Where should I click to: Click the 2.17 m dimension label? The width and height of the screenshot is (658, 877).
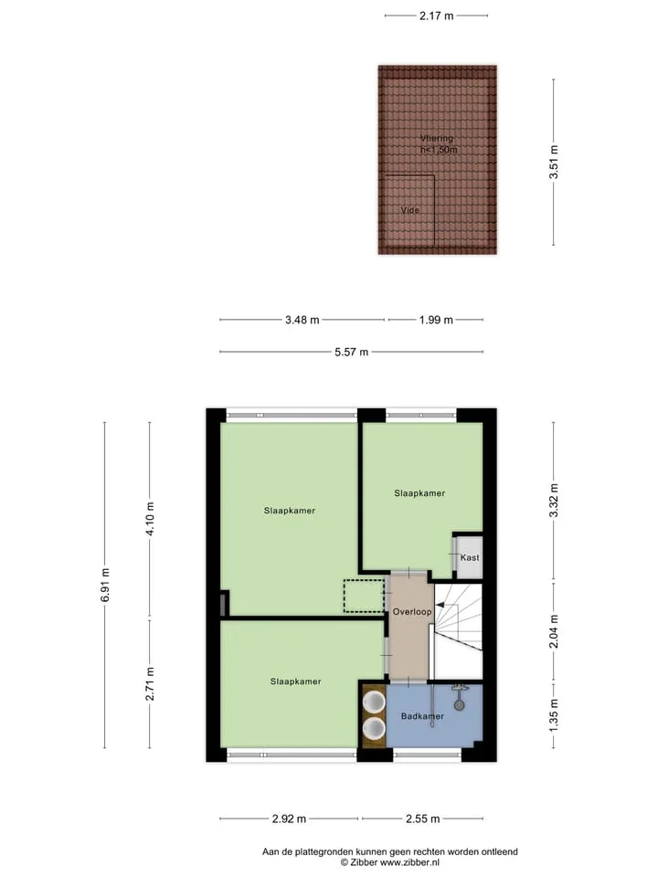[x=437, y=16]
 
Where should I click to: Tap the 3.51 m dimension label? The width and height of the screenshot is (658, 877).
[x=554, y=163]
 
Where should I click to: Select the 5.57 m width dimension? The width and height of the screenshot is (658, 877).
[x=351, y=352]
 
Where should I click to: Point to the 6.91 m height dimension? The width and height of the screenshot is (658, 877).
[x=104, y=585]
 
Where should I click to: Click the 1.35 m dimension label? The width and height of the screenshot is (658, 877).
[x=554, y=715]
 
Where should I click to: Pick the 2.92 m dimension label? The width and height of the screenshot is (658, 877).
[x=289, y=819]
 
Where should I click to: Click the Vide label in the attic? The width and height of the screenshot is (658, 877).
[x=409, y=210]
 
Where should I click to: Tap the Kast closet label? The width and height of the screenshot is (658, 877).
[x=470, y=557]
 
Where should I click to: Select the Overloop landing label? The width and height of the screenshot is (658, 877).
[x=412, y=612]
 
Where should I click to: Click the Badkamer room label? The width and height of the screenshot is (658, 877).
[x=422, y=716]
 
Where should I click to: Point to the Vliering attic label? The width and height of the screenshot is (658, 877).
[x=437, y=138]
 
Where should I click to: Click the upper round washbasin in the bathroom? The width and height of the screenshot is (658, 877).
[x=373, y=702]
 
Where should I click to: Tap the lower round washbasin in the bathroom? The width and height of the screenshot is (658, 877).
[x=373, y=728]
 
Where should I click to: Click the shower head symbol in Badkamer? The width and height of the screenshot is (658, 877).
[x=460, y=705]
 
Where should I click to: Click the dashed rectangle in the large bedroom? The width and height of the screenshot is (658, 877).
[x=363, y=597]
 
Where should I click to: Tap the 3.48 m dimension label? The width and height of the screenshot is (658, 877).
[x=302, y=320]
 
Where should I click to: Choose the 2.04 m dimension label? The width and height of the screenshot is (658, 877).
[x=554, y=631]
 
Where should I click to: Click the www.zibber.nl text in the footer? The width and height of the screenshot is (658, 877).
[x=409, y=862]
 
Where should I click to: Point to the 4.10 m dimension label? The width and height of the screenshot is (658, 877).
[x=149, y=519]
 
